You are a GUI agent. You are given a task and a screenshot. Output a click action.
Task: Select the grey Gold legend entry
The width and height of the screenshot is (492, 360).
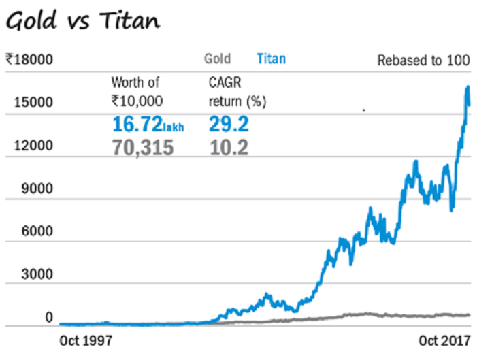coord(218,59)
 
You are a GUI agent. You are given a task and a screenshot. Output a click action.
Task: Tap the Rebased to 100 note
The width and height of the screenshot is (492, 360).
coord(423,61)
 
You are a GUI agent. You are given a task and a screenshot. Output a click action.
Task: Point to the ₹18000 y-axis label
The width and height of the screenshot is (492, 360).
coord(29,60)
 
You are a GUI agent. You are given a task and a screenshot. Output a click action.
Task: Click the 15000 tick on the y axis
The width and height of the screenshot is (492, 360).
coord(32,103)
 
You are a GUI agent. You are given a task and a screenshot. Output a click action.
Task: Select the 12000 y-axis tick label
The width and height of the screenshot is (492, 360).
coord(32,146)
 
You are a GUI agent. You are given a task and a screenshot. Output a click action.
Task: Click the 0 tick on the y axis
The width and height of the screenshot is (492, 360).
coord(49,318)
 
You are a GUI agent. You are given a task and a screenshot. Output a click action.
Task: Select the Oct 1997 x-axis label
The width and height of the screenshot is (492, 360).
coord(85,340)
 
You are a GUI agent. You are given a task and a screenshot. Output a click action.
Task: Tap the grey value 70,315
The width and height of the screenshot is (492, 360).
coord(142,147)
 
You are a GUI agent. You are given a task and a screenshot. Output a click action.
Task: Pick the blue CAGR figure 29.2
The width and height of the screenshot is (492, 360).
coord(229,125)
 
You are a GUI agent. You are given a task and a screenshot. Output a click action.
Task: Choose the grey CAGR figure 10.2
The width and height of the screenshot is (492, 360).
coord(229,147)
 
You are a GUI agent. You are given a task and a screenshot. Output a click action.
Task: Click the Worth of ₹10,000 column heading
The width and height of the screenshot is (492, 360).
coord(135,92)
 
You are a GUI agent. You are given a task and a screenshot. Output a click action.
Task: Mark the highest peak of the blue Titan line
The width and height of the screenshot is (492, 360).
coord(468,86)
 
